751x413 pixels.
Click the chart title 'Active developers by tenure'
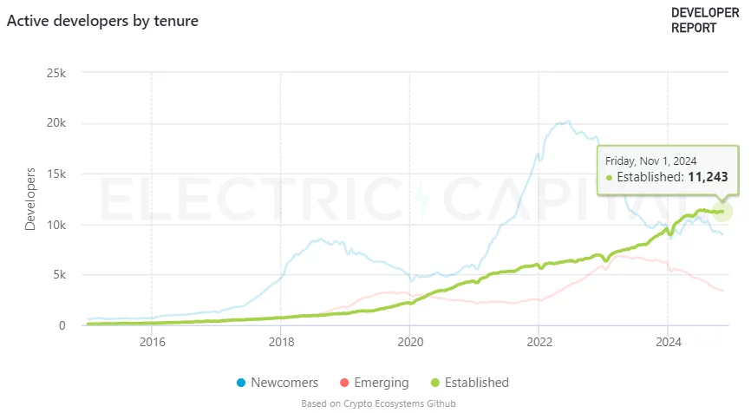(x=102, y=20)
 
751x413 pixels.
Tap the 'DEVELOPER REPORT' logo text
(x=704, y=20)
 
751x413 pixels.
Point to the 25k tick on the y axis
(x=56, y=73)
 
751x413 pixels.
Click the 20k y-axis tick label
(x=56, y=123)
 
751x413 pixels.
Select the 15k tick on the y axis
(x=56, y=174)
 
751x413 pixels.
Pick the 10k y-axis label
(x=56, y=225)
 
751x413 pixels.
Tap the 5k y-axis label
(x=59, y=275)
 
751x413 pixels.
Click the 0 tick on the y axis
(x=62, y=325)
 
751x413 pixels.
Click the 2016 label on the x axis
(x=152, y=343)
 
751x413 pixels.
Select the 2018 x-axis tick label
(x=280, y=343)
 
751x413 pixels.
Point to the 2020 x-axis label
(x=409, y=343)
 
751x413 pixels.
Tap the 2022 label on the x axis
(x=539, y=343)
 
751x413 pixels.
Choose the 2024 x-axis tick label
(x=667, y=343)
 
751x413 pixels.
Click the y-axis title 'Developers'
(x=31, y=200)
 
